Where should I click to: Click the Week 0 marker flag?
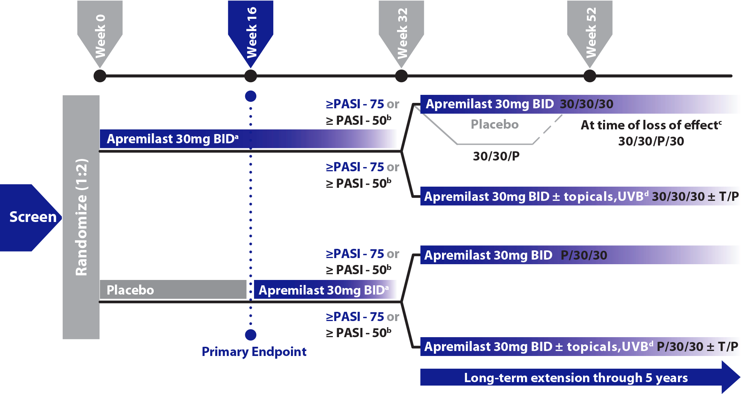100,33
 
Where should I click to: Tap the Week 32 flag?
401,33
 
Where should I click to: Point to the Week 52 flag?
590,33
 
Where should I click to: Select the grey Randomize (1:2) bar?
81,217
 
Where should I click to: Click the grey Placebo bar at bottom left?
173,290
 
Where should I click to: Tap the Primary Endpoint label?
254,352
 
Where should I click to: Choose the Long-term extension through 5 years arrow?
577,378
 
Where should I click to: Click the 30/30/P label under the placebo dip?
496,156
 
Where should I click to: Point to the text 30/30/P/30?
651,141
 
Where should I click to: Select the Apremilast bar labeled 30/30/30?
577,104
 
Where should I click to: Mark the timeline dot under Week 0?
100,76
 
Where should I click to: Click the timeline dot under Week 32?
401,76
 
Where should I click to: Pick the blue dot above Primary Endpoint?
251,335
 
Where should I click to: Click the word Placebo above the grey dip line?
495,124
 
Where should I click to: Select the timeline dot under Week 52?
590,76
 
